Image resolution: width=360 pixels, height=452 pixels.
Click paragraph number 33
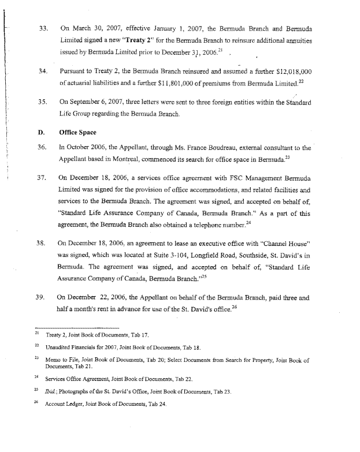click(42, 27)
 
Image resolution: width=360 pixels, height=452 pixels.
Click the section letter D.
click(41, 132)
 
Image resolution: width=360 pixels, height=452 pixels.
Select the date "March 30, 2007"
click(90, 27)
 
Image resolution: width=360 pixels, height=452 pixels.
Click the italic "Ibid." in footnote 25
click(51, 391)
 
